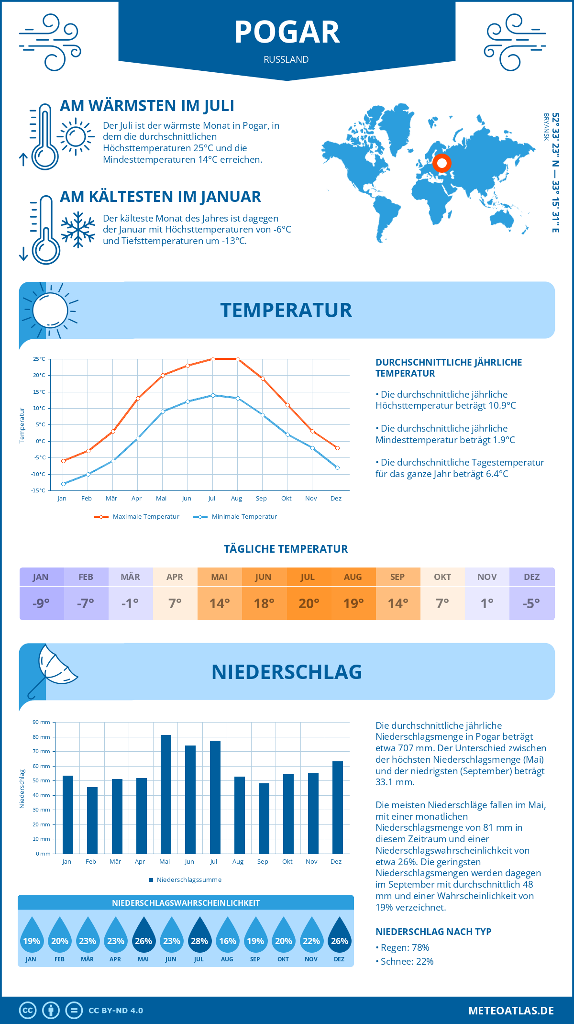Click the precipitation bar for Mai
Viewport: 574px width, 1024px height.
coord(166,794)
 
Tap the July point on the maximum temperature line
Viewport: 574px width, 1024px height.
coord(213,359)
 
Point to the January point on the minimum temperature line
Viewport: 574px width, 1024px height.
coord(63,484)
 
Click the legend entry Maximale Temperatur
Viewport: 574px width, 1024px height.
coord(137,517)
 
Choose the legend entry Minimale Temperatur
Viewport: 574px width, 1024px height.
coord(235,517)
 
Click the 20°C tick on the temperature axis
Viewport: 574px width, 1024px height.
coord(39,376)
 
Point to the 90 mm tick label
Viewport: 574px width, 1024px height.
coord(41,722)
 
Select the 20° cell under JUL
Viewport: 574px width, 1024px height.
coord(309,603)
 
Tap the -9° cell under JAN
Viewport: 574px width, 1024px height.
coord(41,603)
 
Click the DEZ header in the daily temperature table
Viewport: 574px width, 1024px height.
coord(532,577)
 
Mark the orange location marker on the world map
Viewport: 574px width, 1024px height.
coord(442,163)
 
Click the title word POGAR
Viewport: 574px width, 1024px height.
coord(287,33)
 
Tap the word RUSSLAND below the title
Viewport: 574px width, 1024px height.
coord(286,59)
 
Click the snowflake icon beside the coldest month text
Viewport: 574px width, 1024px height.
coord(78,230)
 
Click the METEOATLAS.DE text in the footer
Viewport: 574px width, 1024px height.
coord(511,1011)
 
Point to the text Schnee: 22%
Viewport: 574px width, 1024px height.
coord(407,961)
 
